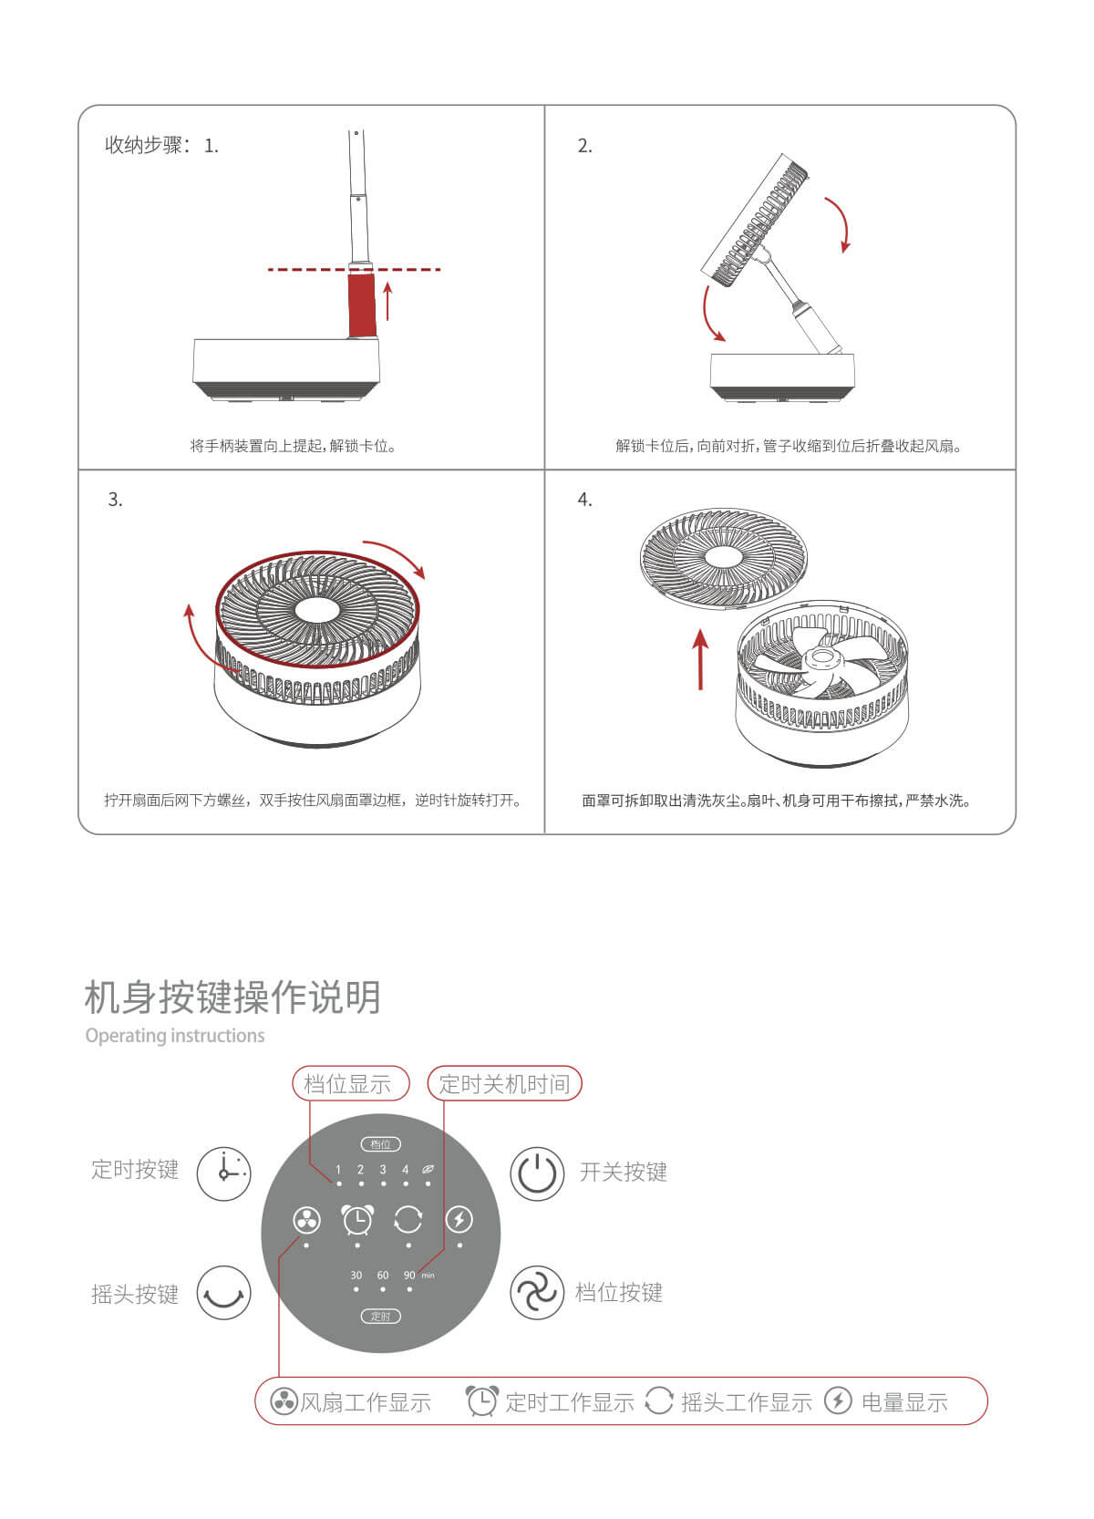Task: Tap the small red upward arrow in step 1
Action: pos(388,301)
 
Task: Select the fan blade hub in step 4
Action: pos(822,657)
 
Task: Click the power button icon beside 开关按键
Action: pos(537,1173)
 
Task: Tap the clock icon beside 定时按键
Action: pos(224,1173)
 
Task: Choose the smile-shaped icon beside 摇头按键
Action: pos(224,1293)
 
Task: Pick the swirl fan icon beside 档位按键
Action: pos(537,1293)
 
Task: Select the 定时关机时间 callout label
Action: pos(504,1084)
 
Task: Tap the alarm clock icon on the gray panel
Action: pos(357,1220)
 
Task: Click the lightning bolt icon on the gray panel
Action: pos(459,1220)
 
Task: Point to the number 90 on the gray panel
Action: pos(409,1276)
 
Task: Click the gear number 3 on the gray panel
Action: pos(383,1170)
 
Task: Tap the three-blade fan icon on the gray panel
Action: pos(306,1221)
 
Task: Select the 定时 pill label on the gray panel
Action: pos(381,1317)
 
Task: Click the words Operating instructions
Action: pos(175,1036)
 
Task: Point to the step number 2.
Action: pos(584,146)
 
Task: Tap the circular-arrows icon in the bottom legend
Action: pos(658,1401)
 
